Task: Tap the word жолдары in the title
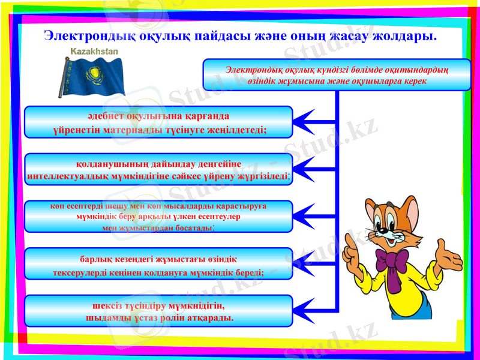tap(403, 35)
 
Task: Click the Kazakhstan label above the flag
tap(94, 52)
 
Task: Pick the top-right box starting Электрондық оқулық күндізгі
tap(337, 75)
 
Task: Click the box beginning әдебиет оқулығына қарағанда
tap(158, 122)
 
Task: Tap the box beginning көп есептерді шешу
tap(158, 217)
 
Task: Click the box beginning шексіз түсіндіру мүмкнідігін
tap(158, 311)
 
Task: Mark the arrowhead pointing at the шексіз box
tap(305, 311)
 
